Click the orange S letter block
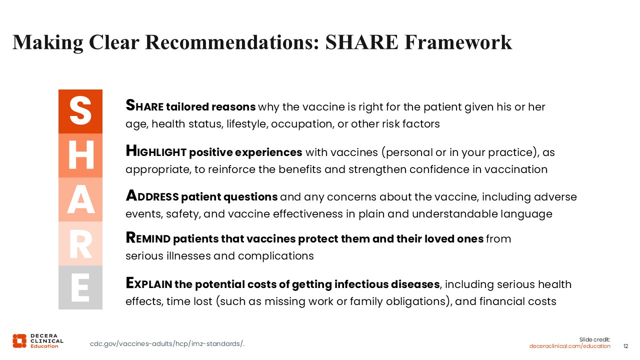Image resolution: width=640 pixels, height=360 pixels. tap(80, 111)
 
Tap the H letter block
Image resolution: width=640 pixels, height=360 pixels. tap(80, 155)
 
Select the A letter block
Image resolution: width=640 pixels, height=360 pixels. tap(80, 199)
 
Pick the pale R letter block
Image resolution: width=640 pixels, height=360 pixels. tap(80, 243)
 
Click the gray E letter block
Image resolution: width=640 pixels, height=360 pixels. tap(80, 287)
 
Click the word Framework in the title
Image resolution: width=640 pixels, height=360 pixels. tap(458, 42)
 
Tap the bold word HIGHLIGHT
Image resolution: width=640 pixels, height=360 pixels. tap(156, 151)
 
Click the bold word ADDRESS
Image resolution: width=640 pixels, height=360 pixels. tap(152, 196)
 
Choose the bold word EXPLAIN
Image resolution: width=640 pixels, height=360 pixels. tap(149, 283)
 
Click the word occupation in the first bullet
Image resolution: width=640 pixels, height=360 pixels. tap(302, 124)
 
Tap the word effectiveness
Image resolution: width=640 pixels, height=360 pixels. tap(308, 214)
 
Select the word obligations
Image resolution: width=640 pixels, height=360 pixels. tap(419, 301)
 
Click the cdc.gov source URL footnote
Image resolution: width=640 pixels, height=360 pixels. tap(167, 343)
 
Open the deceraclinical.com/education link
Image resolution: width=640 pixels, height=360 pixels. tap(569, 346)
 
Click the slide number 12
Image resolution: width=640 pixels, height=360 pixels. tap(625, 346)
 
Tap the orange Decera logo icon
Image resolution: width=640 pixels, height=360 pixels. tap(19, 341)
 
